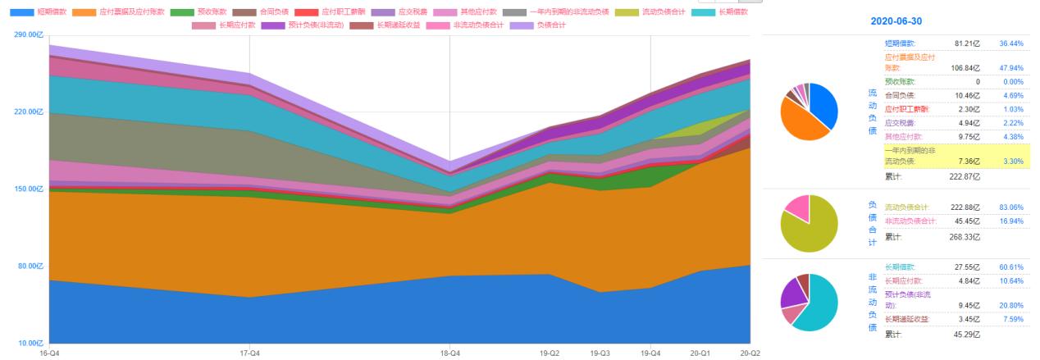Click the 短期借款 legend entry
49,12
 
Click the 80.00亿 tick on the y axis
30,266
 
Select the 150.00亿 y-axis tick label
28,189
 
